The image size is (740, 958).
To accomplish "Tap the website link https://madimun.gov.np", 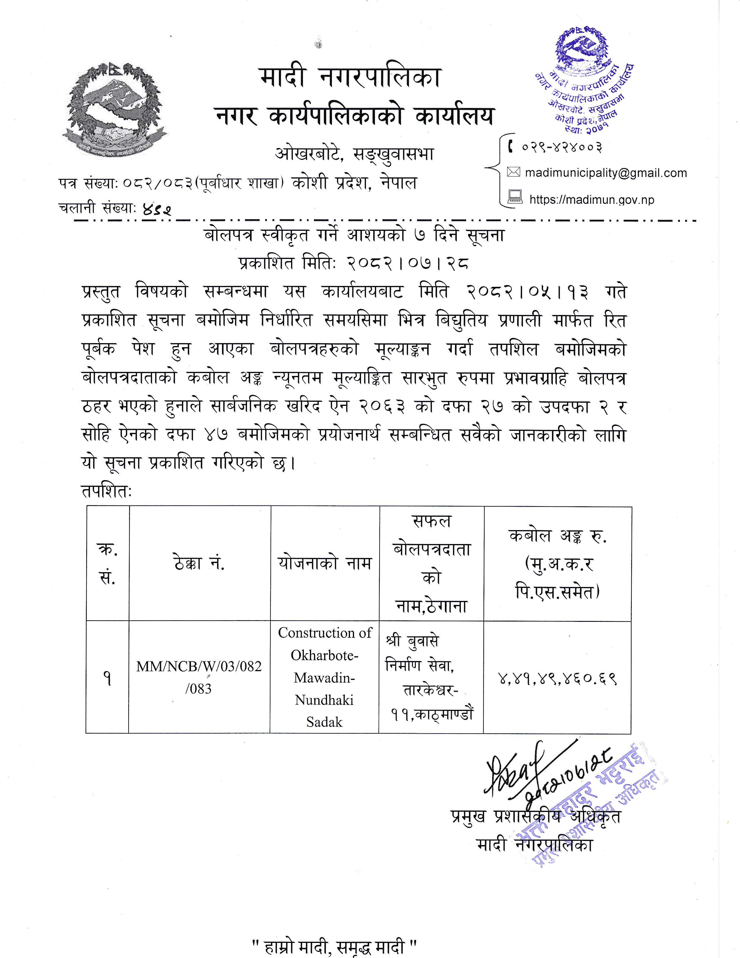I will [591, 200].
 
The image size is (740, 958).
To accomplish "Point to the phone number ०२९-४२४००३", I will [562, 147].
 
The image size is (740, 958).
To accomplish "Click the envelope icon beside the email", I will [513, 172].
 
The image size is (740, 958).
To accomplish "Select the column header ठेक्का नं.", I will [199, 563].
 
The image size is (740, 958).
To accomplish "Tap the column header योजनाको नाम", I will [324, 563].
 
